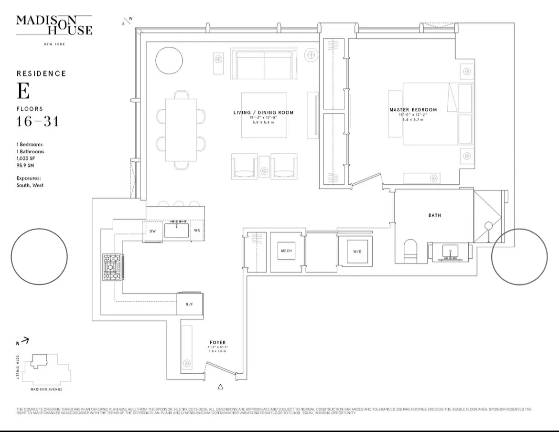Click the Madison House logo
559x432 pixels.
click(54, 25)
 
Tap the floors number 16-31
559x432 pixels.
click(38, 121)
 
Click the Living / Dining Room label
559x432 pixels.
click(263, 113)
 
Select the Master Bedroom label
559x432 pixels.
click(413, 110)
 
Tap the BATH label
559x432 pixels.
click(434, 215)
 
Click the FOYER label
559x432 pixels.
click(217, 343)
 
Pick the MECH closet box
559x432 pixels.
click(286, 251)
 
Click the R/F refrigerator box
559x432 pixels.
click(189, 304)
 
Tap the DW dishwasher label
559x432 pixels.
click(152, 231)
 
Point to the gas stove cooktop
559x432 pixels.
click(113, 267)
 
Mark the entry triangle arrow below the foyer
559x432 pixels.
click(220, 387)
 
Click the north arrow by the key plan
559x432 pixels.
click(24, 341)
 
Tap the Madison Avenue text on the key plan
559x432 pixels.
click(46, 389)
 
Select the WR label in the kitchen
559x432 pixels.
click(197, 231)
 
